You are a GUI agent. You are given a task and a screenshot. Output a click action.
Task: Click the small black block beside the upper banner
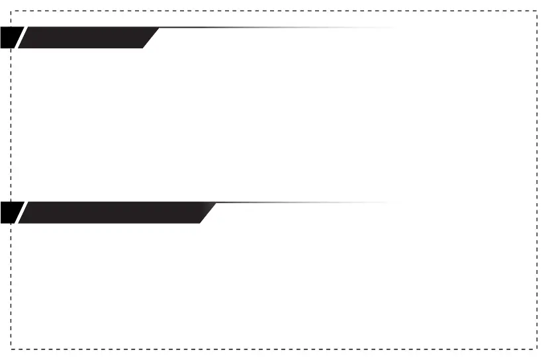11,38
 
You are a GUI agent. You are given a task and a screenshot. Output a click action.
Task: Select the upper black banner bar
86,38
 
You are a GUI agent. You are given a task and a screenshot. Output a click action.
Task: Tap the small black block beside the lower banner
11,212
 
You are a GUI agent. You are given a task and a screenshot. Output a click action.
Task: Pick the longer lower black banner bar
113,212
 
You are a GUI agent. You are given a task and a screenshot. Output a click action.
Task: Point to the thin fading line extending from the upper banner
265,28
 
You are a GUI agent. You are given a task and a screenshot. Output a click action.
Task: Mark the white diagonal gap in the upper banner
21,38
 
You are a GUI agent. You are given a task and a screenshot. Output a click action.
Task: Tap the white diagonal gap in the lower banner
21,212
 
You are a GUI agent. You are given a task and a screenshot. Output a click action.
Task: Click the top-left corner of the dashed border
11,11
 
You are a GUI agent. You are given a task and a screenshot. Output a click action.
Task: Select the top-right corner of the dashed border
536,11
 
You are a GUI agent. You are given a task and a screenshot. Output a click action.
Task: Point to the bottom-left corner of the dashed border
11,349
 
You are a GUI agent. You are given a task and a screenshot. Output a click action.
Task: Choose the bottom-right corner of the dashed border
536,349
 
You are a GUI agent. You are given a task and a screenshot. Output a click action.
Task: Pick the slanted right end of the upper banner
151,38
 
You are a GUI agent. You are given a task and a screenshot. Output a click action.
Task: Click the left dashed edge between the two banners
11,126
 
